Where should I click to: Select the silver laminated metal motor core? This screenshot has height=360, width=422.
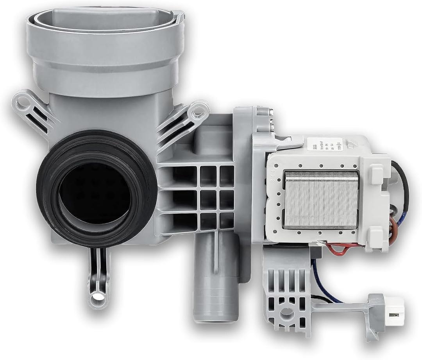(321, 199)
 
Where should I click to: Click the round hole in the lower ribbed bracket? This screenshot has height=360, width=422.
(287, 313)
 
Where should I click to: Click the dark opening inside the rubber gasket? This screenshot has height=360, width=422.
(94, 193)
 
